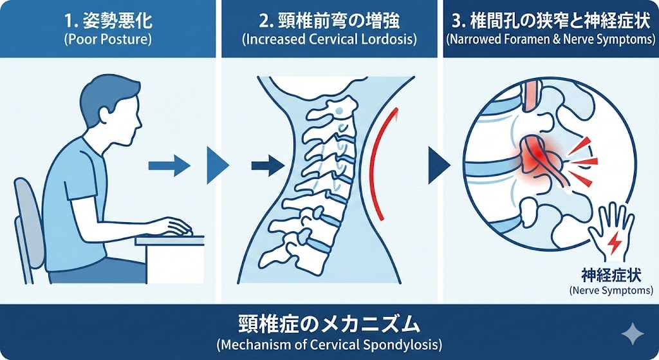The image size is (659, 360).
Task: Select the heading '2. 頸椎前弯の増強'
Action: point(329,21)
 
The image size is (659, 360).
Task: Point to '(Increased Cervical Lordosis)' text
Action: point(329,39)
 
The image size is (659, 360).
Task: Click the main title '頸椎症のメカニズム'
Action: point(329,323)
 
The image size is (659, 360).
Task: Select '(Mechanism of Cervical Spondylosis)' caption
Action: point(329,343)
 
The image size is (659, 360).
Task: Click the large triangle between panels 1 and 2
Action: point(218,166)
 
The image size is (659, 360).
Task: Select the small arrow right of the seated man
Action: point(169,166)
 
